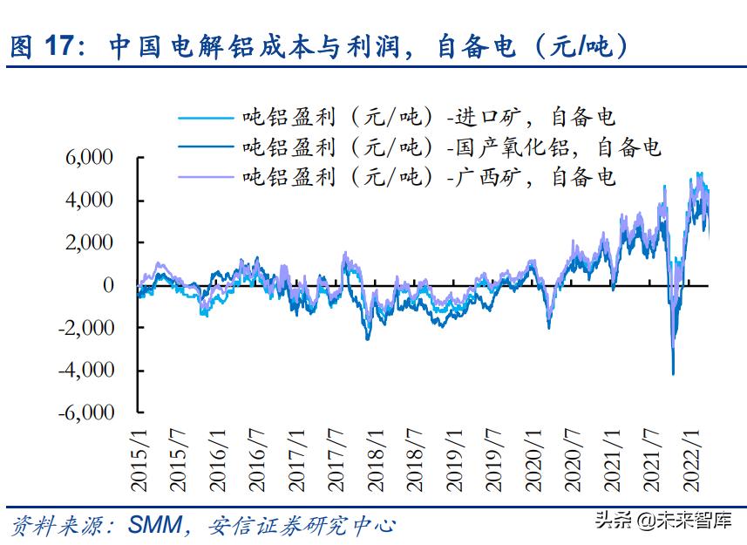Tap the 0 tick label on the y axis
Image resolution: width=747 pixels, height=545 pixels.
tap(108, 285)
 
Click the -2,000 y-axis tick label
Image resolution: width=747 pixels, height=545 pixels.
tap(85, 327)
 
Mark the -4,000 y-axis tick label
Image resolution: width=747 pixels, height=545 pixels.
tap(85, 370)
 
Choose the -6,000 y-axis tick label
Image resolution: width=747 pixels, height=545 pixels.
tap(85, 412)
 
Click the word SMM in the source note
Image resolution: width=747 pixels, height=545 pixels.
tap(155, 525)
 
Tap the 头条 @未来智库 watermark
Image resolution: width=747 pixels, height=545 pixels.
tap(662, 521)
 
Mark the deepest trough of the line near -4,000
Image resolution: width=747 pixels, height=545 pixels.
tap(673, 374)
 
